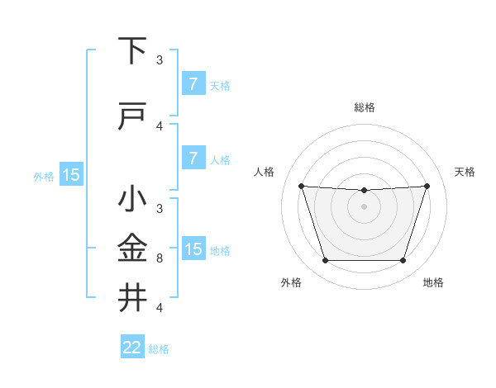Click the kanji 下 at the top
click(132, 51)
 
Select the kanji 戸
click(132, 116)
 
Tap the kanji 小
click(132, 200)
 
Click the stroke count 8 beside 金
click(160, 258)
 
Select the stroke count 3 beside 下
click(160, 60)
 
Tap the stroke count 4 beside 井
click(160, 308)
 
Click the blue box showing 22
click(132, 348)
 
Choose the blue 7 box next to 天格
click(193, 84)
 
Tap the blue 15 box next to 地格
click(193, 249)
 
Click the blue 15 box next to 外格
click(71, 174)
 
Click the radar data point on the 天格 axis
click(427, 186)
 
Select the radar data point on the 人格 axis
click(301, 186)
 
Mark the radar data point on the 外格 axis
click(325, 261)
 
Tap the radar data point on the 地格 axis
click(403, 261)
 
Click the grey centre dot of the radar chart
click(364, 206)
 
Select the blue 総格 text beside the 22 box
click(159, 349)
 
